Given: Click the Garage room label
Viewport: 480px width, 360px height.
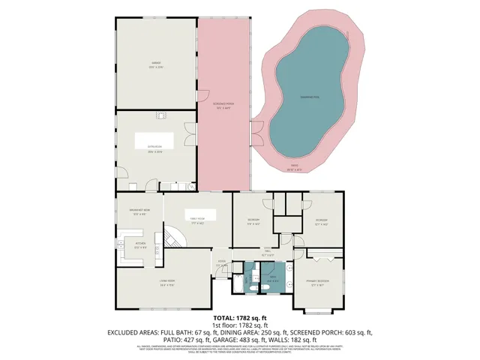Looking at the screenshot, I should tap(156, 65).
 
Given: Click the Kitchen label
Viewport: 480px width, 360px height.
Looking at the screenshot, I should tap(139, 245).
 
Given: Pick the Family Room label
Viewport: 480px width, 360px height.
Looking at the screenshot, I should tap(198, 220).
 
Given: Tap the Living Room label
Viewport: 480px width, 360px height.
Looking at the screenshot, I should tap(166, 283).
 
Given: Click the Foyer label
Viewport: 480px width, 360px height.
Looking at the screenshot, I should tap(222, 264).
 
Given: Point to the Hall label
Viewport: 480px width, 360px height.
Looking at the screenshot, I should tap(267, 252).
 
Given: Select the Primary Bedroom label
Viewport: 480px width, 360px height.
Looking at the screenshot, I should tap(319, 283).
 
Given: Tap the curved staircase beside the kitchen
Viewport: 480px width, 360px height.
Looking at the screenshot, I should tap(174, 238).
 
